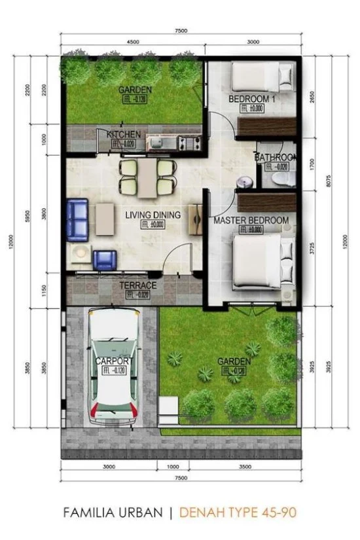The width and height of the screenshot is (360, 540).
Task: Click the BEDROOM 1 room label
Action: [x=252, y=99]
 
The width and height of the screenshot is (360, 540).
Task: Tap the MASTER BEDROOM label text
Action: [x=251, y=221]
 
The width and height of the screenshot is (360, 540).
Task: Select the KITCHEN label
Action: [x=124, y=134]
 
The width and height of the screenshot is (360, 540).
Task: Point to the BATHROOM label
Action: [x=276, y=158]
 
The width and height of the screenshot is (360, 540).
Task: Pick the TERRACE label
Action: [x=137, y=285]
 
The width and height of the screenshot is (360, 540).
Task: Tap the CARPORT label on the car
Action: [x=115, y=361]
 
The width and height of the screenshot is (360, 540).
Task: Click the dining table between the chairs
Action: [x=149, y=177]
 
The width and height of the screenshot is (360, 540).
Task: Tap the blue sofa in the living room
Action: [x=77, y=219]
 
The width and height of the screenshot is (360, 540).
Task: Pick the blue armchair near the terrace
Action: [x=103, y=260]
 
